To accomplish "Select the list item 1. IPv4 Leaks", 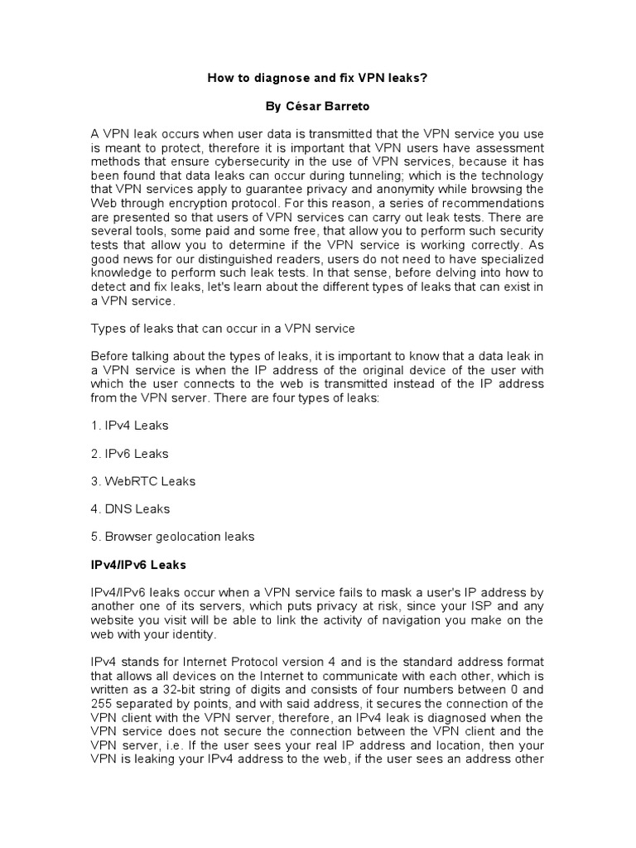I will click(129, 426).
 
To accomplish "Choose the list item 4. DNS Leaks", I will click(130, 509).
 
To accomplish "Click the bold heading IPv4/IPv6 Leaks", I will click(138, 565).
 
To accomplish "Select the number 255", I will click(102, 704).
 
